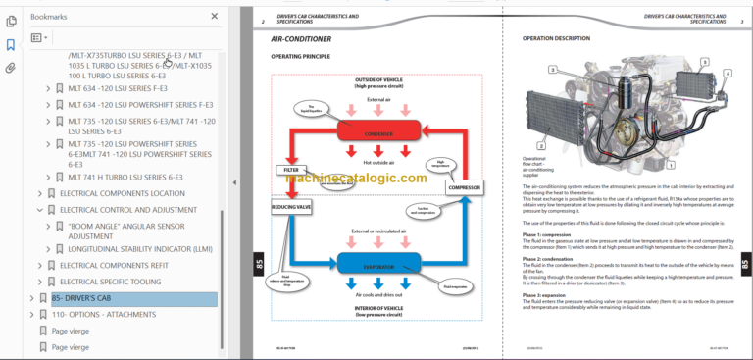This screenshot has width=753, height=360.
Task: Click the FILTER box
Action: click(x=291, y=170)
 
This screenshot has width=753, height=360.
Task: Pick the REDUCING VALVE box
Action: click(x=290, y=207)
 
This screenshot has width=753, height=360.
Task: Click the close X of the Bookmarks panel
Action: click(x=215, y=16)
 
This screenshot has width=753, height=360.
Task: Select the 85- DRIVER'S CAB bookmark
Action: click(x=81, y=298)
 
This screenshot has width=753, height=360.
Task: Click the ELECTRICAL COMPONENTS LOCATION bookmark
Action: click(x=122, y=193)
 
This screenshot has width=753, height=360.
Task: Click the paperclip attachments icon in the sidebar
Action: click(x=11, y=68)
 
